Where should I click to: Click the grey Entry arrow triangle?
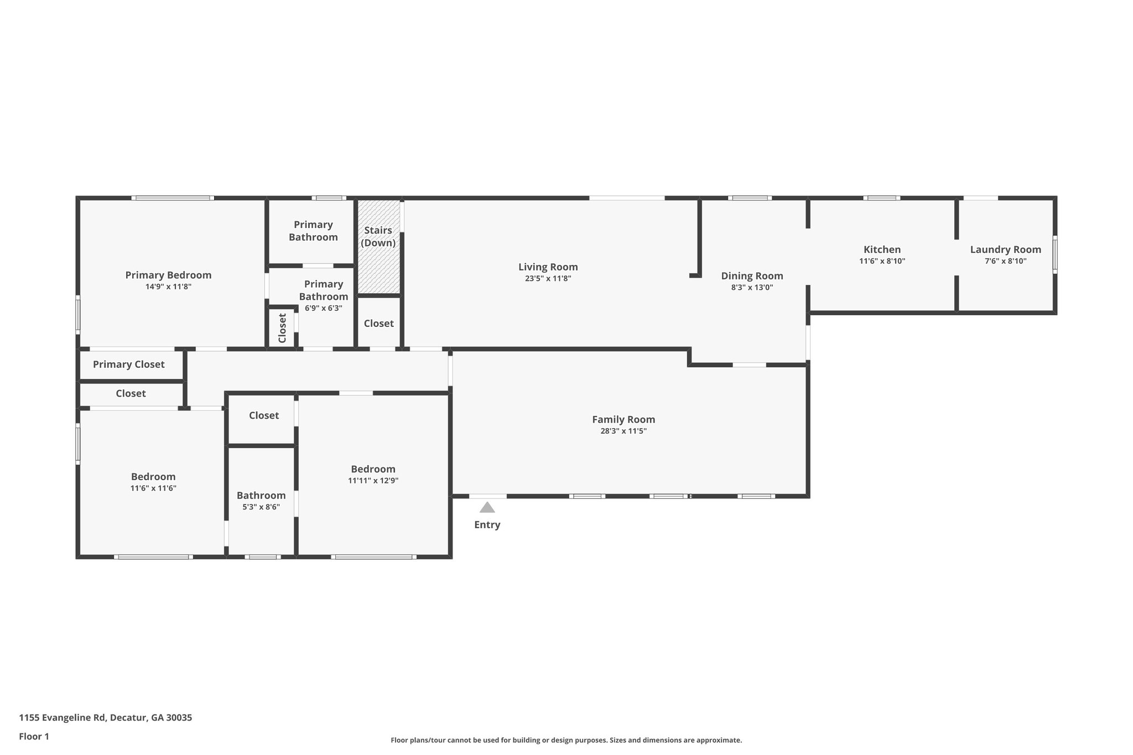point(487,508)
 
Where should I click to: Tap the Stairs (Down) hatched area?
point(378,265)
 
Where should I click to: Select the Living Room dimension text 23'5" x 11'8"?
point(548,279)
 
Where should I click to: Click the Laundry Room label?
point(1005,249)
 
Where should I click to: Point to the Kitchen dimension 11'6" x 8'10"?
point(882,261)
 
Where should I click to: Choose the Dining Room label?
point(752,275)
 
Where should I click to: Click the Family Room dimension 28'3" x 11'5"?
point(623,431)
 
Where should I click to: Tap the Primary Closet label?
point(128,364)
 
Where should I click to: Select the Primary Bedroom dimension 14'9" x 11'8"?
point(168,287)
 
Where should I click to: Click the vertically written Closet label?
point(282,328)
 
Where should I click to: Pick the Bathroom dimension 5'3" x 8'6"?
point(261,507)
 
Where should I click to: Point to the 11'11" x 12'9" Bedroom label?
point(373,469)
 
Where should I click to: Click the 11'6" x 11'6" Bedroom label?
point(153,477)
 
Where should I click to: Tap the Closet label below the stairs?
point(378,323)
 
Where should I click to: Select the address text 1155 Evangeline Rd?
point(105,717)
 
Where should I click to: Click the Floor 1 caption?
point(34,736)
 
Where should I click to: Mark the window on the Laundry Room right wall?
point(1054,255)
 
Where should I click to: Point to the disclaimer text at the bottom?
point(566,740)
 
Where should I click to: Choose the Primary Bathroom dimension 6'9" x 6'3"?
point(323,308)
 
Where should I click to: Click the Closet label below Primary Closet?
point(131,393)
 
